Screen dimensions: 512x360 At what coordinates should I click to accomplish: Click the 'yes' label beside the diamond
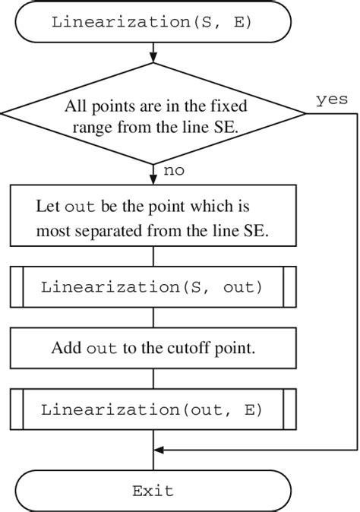click(x=331, y=100)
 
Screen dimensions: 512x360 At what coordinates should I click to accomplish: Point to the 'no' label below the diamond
click(x=174, y=171)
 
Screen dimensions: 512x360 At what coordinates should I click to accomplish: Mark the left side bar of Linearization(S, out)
click(x=17, y=287)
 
